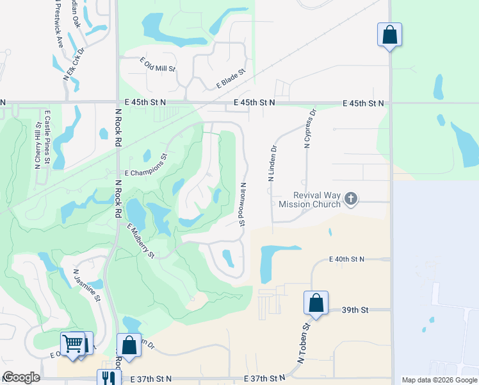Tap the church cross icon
point(350,199)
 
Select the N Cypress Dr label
point(311,128)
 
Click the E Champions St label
point(146,173)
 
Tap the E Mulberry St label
point(142,241)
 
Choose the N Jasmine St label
point(87,285)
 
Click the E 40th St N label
point(346,259)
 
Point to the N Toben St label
point(303,345)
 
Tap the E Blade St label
point(231,80)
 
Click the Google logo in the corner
point(20,377)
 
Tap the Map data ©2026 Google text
point(439,380)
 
